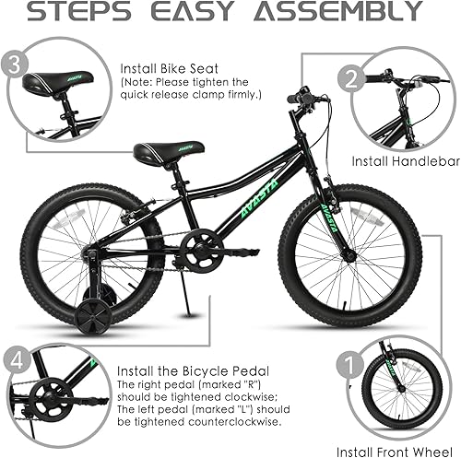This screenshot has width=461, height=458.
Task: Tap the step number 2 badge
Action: (349, 78)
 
